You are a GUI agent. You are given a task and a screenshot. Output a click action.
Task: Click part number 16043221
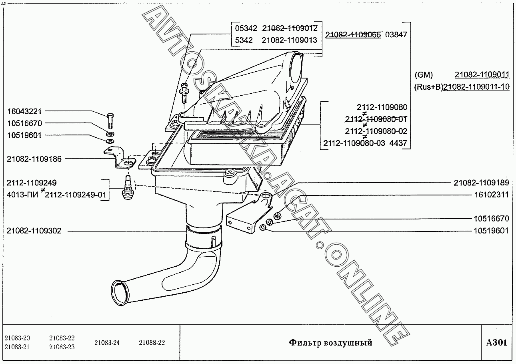click(x=24, y=111)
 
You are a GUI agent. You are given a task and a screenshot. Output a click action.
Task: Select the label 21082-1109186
click(x=34, y=159)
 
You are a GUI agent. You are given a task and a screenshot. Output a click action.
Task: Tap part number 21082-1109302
click(x=34, y=231)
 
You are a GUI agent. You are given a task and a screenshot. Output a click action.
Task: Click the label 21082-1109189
click(x=481, y=183)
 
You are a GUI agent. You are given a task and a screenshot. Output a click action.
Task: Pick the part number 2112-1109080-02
click(x=376, y=131)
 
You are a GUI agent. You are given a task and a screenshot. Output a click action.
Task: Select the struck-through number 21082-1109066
click(x=354, y=34)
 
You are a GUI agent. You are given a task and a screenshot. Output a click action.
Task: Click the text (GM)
click(x=424, y=75)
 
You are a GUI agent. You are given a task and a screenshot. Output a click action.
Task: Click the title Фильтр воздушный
click(x=330, y=343)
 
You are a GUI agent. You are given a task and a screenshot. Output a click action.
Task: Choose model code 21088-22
click(x=152, y=343)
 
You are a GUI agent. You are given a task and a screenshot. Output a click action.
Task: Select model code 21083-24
click(x=107, y=343)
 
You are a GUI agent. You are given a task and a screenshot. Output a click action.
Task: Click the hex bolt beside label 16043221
click(x=111, y=121)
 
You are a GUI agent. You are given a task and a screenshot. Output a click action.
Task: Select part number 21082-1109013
click(x=289, y=40)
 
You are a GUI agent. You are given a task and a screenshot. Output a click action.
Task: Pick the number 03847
click(x=396, y=34)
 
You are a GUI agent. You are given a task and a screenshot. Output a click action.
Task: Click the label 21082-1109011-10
click(x=476, y=87)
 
